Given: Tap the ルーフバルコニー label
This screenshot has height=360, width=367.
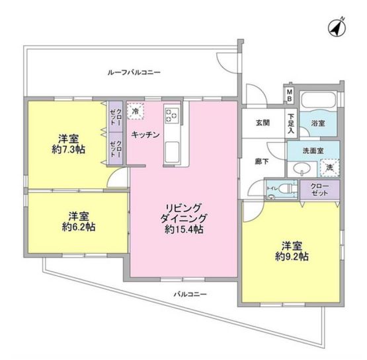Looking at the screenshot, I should pyautogui.click(x=134, y=71).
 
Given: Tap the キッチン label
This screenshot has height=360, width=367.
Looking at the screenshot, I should pyautogui.click(x=145, y=135).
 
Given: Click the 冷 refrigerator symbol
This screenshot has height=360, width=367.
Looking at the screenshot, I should pyautogui.click(x=136, y=112).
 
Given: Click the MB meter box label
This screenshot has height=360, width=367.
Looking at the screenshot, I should pyautogui.click(x=289, y=95).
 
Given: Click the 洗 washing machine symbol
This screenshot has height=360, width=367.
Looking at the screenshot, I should pyautogui.click(x=329, y=167).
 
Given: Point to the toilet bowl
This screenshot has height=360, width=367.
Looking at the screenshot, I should pyautogui.click(x=286, y=190).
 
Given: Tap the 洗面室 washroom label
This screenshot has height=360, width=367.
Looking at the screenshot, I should pyautogui.click(x=312, y=150).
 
